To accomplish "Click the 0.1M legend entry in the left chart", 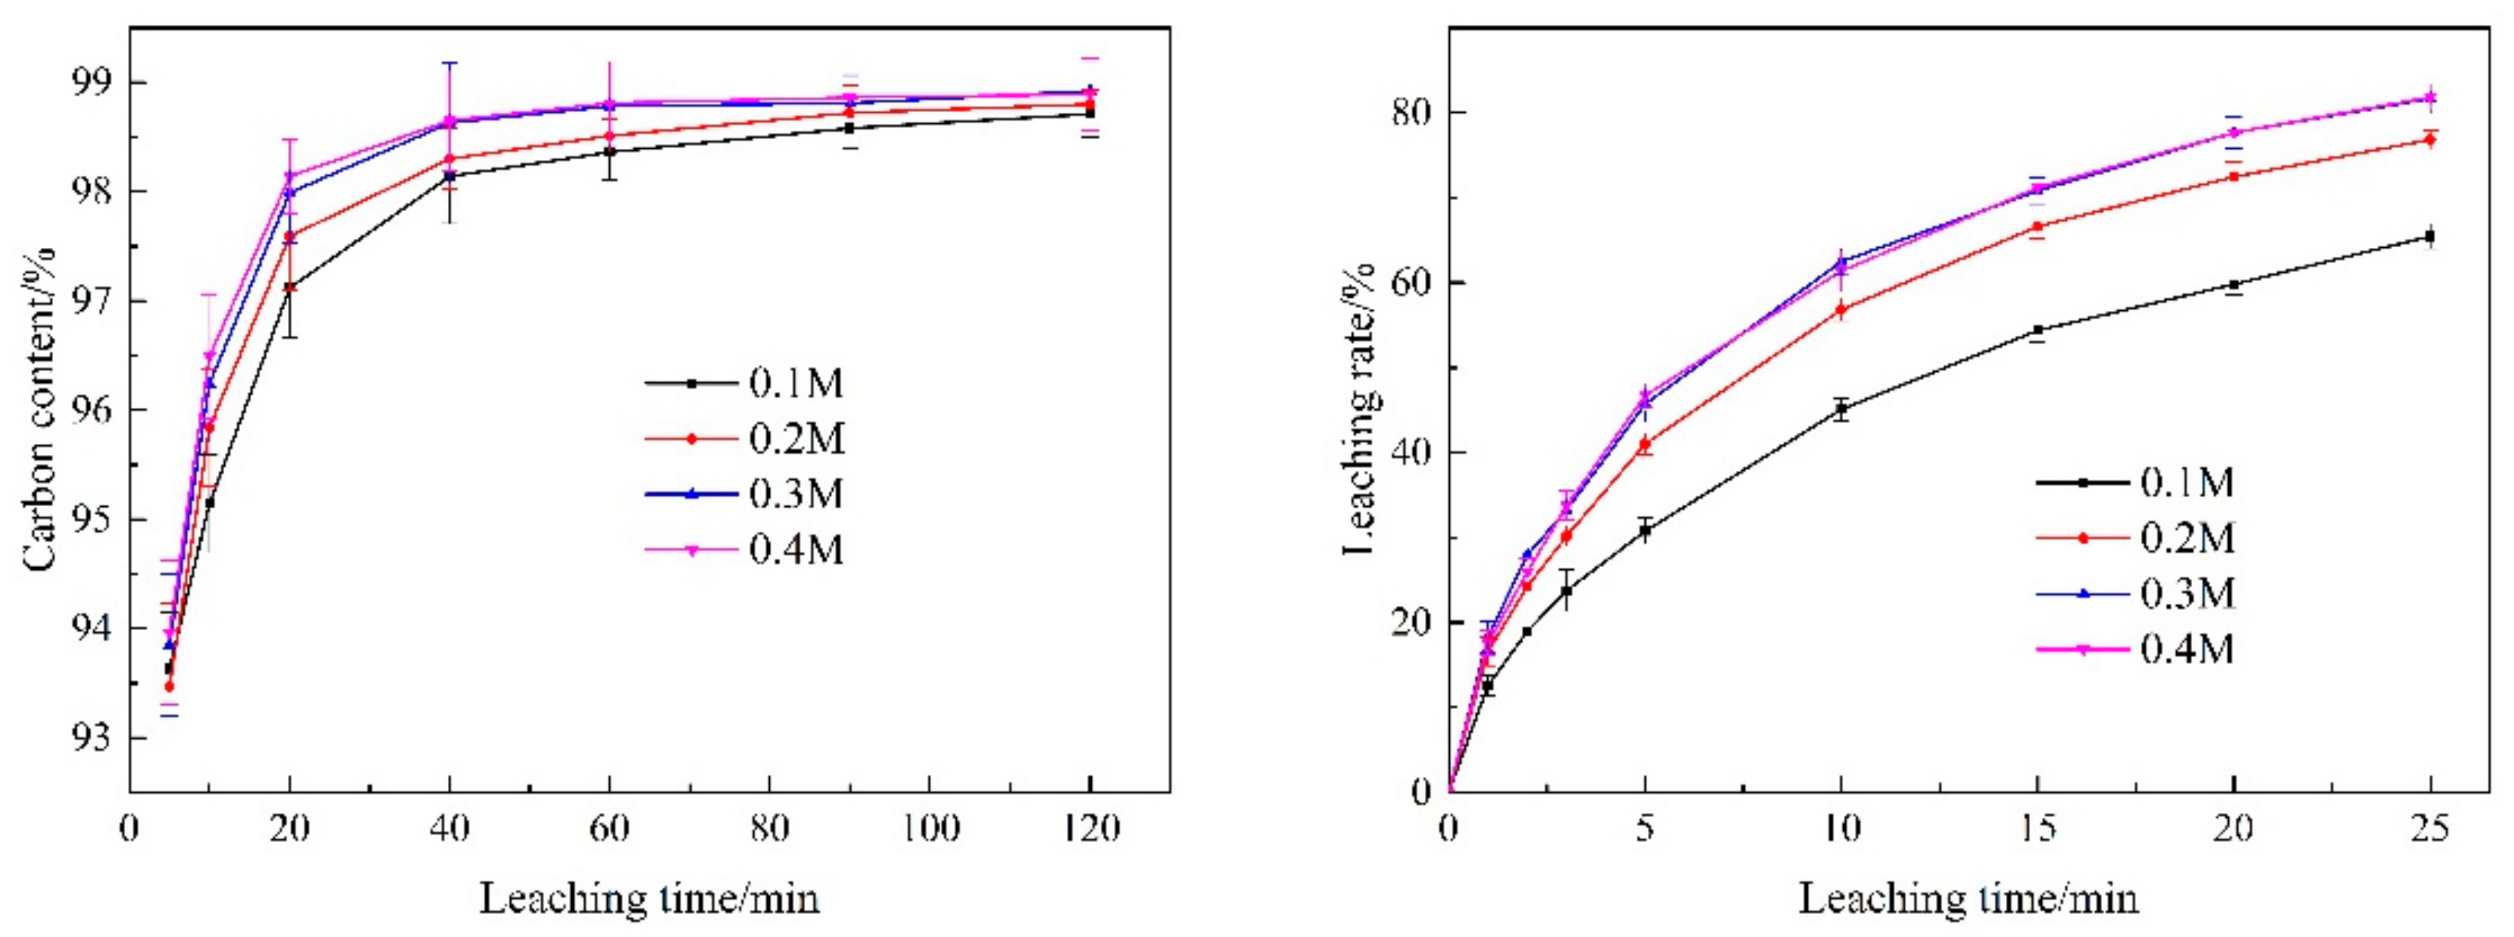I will pos(795,384).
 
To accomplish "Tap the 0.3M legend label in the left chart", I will pos(795,494).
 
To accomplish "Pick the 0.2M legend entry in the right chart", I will pos(2187,537).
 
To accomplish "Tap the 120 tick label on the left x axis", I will pos(1089,829).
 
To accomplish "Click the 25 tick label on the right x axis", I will pos(2429,829).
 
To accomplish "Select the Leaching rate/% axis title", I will pos(1359,410).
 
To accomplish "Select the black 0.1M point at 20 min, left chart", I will pos(290,288).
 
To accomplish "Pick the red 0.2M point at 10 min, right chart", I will pos(1841,310).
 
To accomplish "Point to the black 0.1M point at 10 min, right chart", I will pos(1841,410).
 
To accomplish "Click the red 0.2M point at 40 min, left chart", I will pos(449,158).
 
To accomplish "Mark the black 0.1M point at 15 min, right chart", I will pos(2038,330).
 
